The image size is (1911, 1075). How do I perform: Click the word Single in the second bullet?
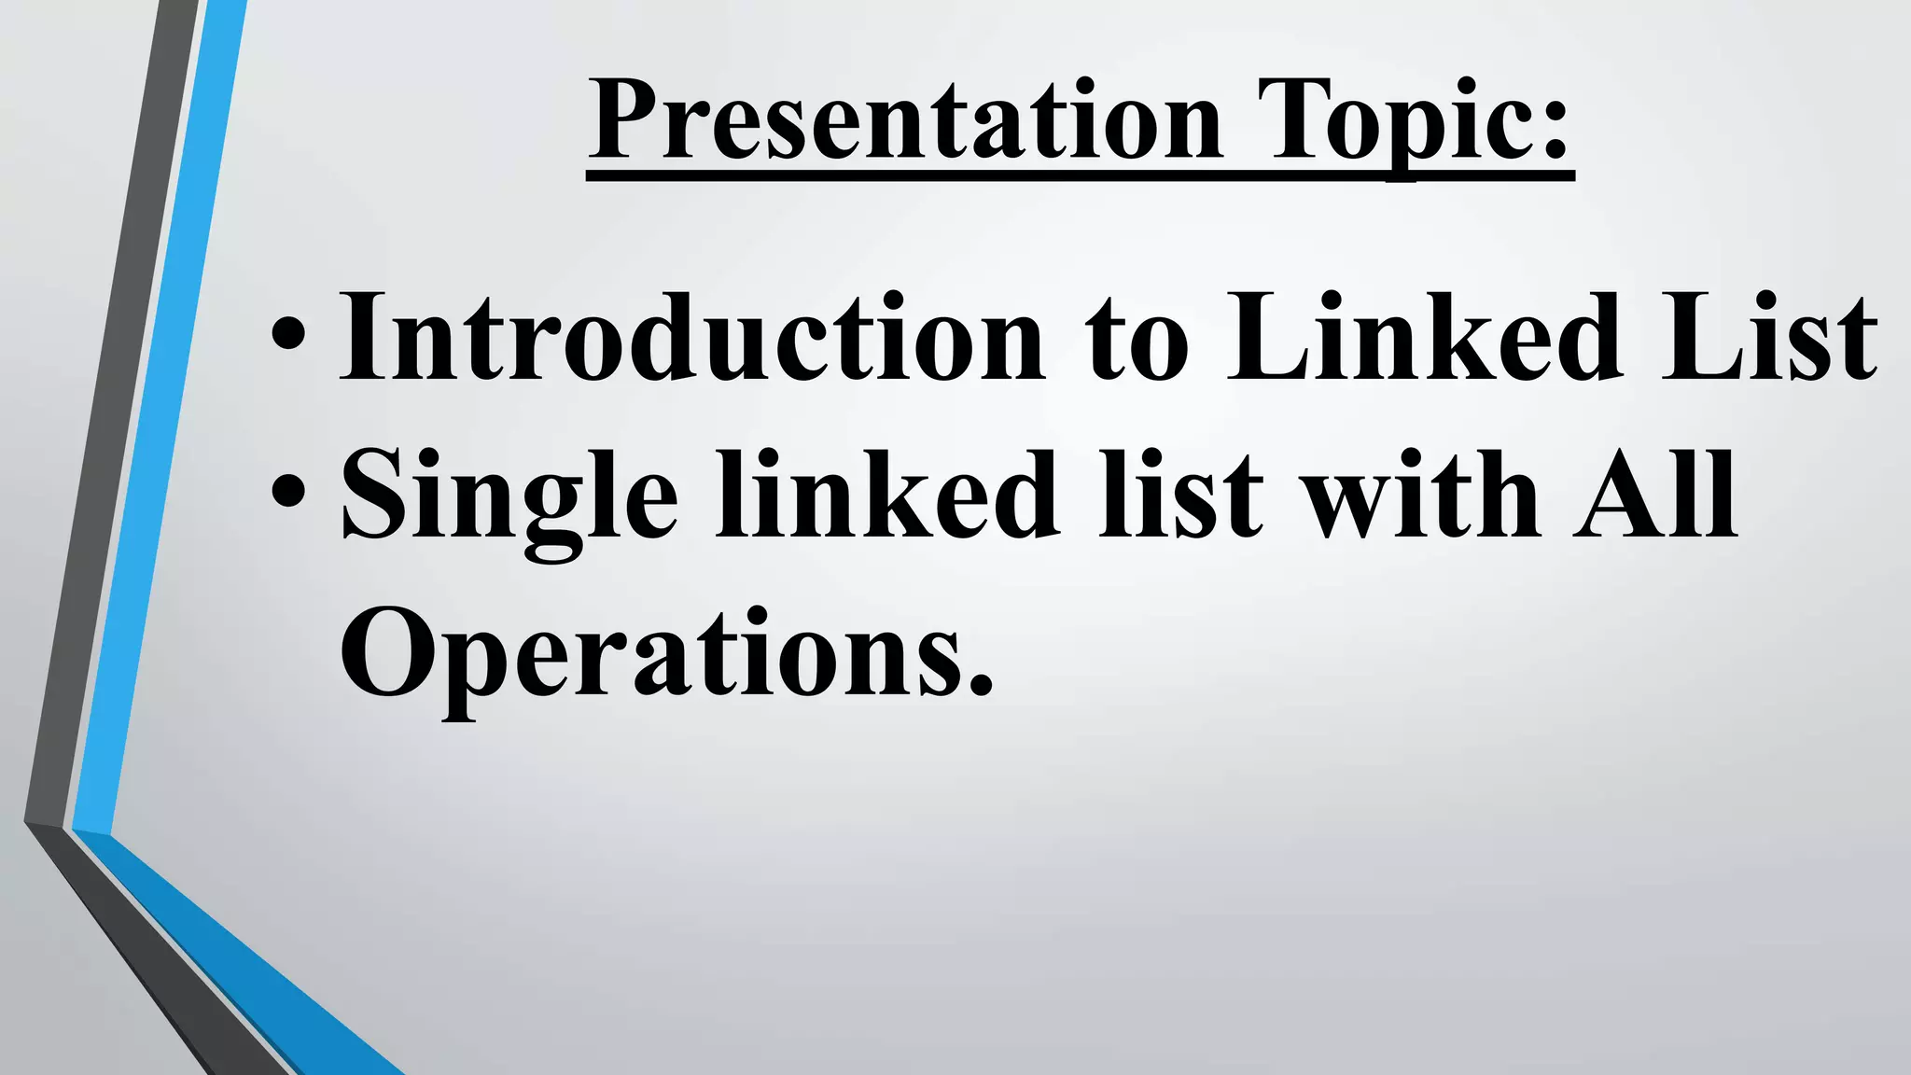[509, 499]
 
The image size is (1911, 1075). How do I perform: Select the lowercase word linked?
[887, 495]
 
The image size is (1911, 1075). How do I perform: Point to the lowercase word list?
[1179, 495]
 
